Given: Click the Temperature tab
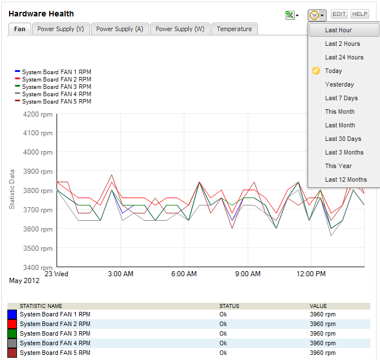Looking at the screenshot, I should (x=234, y=29).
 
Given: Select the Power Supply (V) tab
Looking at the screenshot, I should (x=61, y=29).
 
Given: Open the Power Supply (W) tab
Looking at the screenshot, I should (x=180, y=29).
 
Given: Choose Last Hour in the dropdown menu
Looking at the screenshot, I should (x=338, y=30).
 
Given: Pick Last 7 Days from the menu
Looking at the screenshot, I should (x=341, y=98).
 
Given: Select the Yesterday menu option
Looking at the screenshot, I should (x=339, y=84).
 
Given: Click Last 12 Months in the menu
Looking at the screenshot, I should (x=346, y=179).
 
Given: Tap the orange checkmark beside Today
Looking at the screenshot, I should (x=316, y=71).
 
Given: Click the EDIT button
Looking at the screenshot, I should (x=339, y=14).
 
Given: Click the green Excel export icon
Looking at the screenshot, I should (x=290, y=15).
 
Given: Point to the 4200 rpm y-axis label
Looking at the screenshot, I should (x=38, y=114).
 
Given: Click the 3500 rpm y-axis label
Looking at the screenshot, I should (x=38, y=248).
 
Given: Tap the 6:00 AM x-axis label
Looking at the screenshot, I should (x=184, y=274).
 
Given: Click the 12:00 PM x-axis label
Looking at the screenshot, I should (x=311, y=274).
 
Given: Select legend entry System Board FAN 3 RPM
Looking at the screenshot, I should (x=56, y=87).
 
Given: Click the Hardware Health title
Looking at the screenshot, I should (x=41, y=14).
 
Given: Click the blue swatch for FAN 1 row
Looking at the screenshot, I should (x=12, y=314).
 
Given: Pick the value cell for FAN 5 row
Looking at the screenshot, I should (x=323, y=353).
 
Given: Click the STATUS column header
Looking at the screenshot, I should (x=229, y=306).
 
